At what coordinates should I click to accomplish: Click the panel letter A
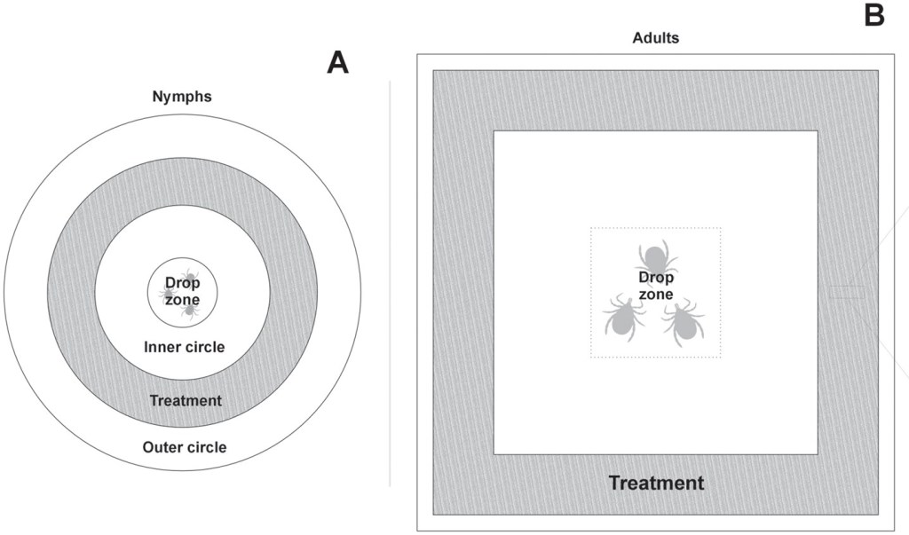[x=337, y=62]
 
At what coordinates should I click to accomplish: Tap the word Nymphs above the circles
[x=181, y=96]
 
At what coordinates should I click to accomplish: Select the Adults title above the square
[x=655, y=38]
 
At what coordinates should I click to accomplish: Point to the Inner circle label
[x=184, y=347]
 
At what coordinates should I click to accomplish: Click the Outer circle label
[x=184, y=447]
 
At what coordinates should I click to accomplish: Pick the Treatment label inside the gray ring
[x=185, y=400]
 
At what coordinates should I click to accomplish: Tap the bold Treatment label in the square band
[x=655, y=484]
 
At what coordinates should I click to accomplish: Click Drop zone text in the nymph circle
[x=182, y=291]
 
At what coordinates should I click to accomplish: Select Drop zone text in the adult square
[x=656, y=286]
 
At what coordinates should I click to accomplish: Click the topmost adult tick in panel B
[x=655, y=257]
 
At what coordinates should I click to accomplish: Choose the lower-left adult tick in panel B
[x=624, y=317]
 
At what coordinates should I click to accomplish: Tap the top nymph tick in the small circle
[x=188, y=276]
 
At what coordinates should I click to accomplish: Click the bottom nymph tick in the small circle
[x=188, y=310]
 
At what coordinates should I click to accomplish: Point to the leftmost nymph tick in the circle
[x=166, y=293]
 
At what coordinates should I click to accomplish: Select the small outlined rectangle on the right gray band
[x=847, y=292]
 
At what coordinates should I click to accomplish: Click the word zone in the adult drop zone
[x=656, y=294]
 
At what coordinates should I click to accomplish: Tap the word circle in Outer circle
[x=205, y=447]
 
